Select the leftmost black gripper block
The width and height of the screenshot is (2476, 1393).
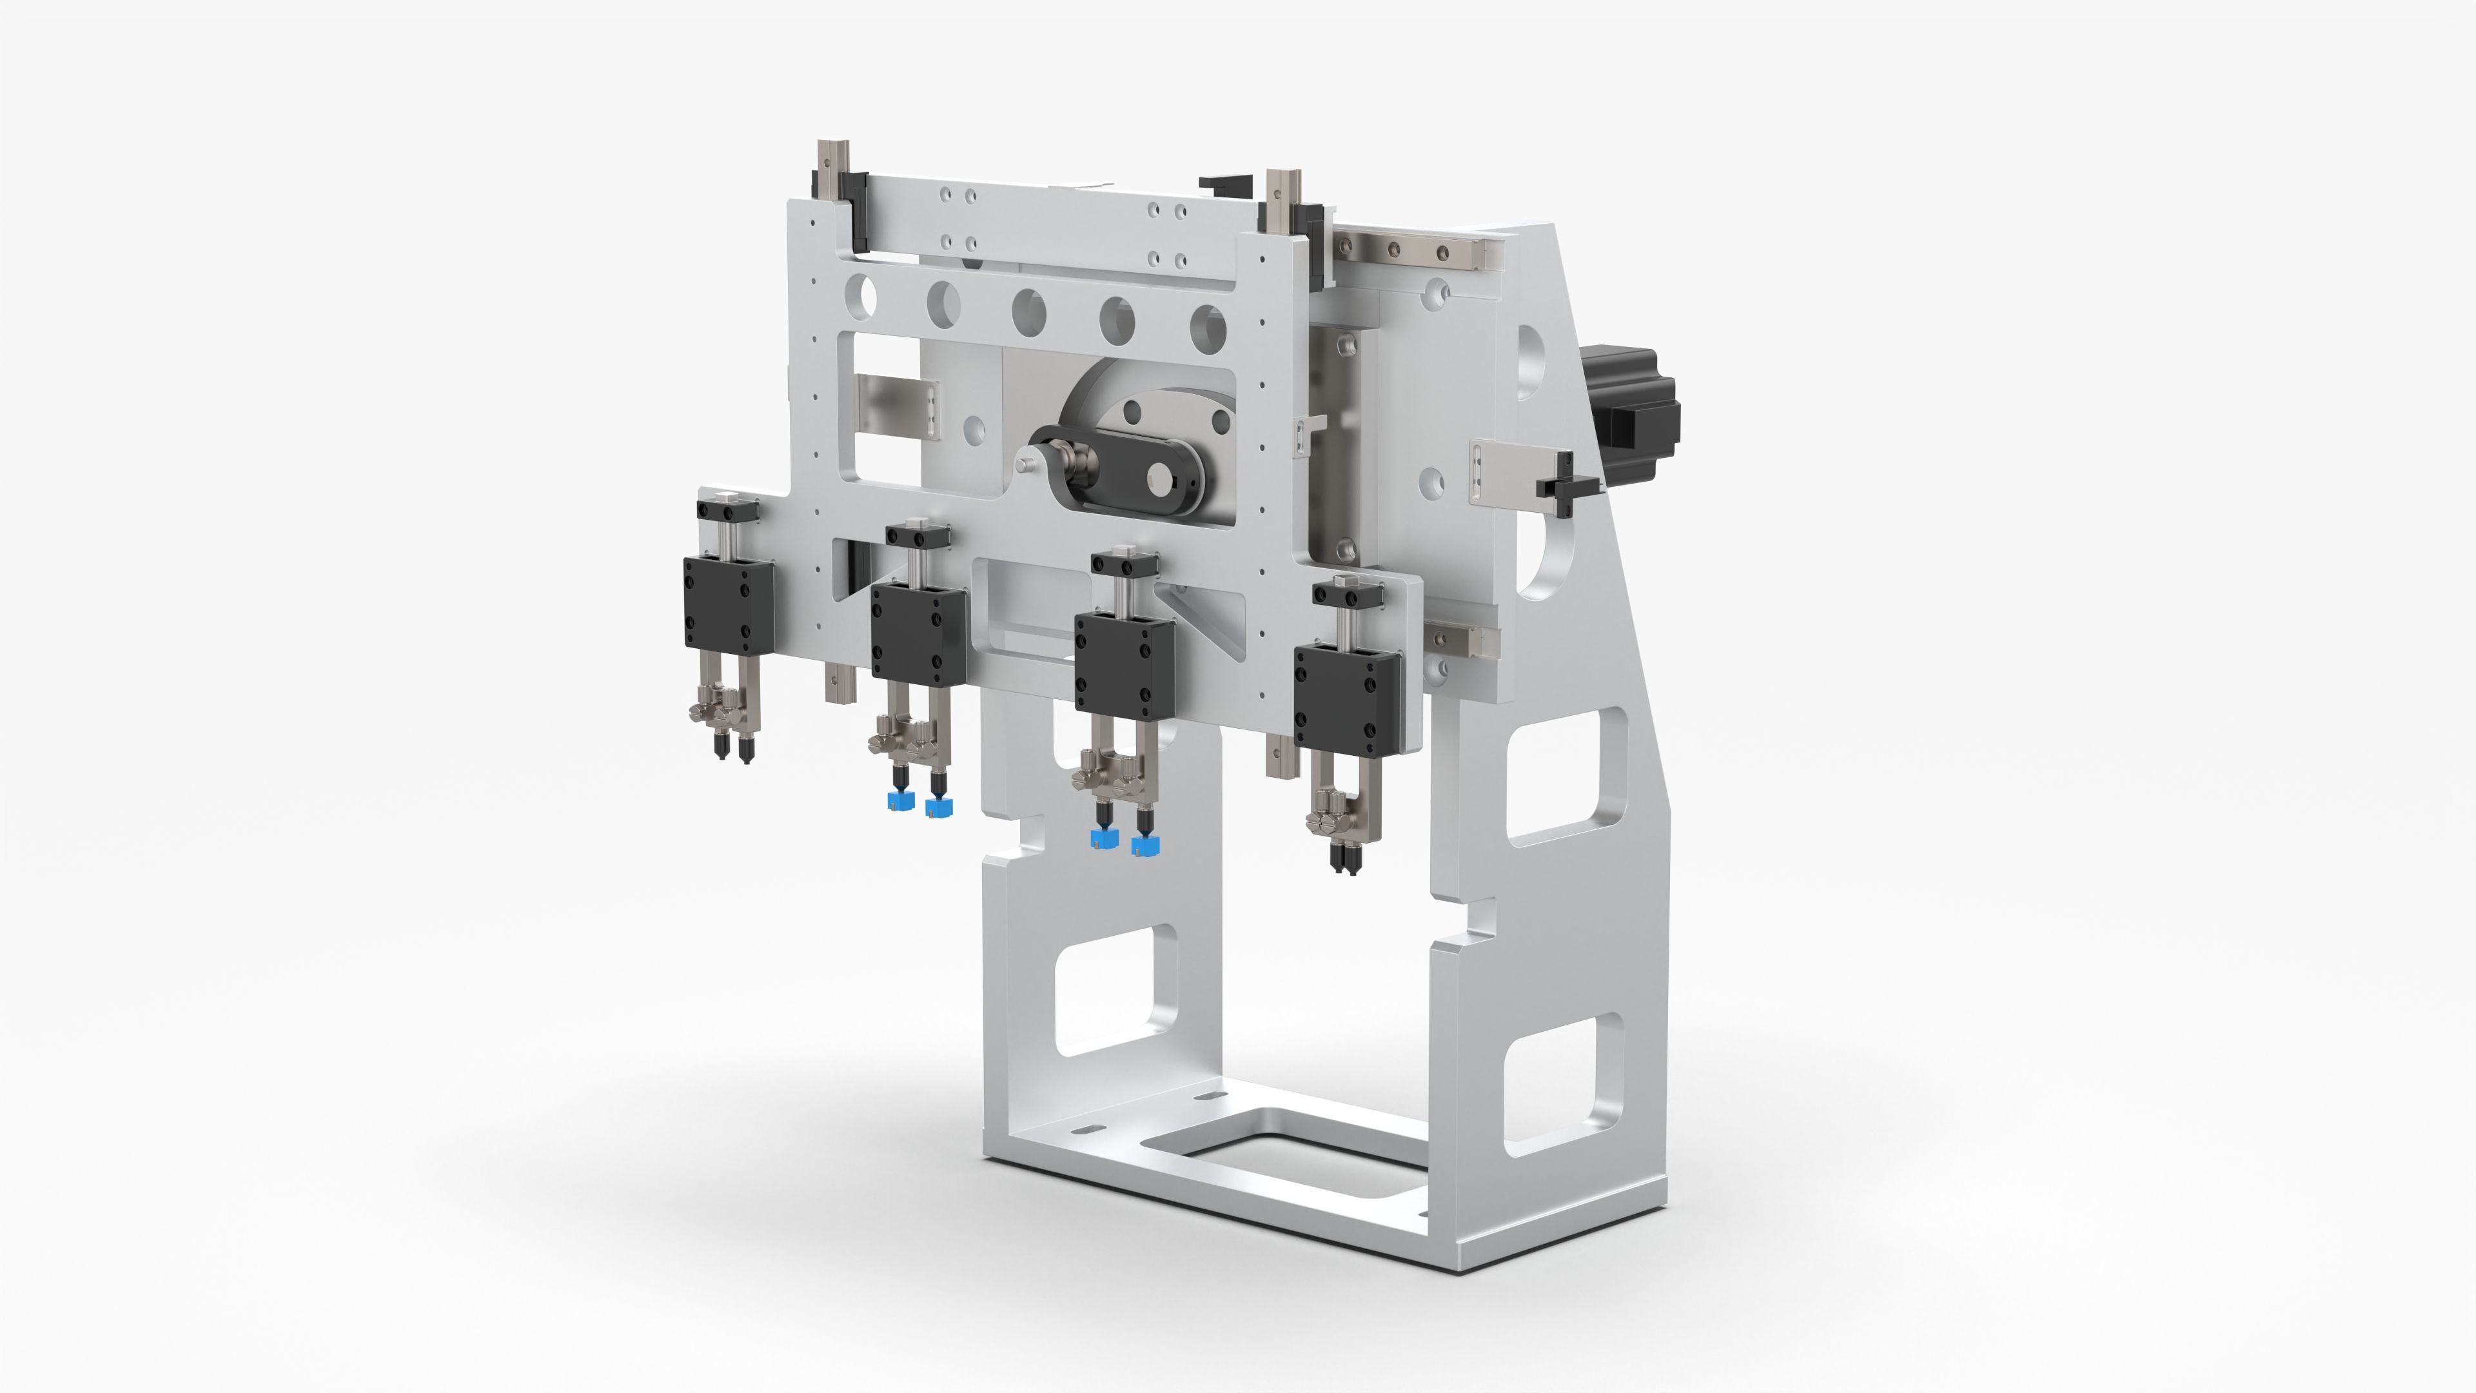click(727, 603)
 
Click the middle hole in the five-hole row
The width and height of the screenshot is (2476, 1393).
click(1028, 310)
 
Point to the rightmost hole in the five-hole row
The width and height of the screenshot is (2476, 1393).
click(1207, 327)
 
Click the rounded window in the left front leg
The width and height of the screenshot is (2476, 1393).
click(1115, 990)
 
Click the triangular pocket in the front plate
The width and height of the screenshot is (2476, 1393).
click(1201, 615)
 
